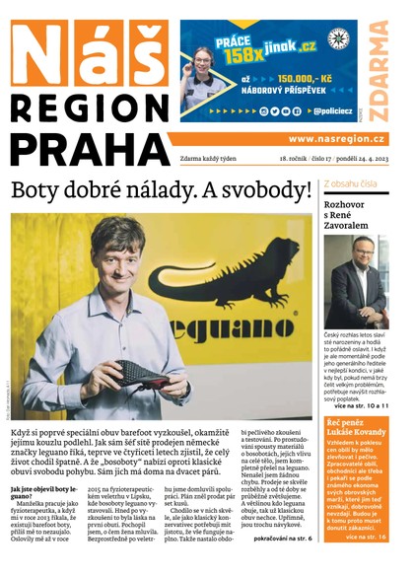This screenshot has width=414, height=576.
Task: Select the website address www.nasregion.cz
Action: [x=336, y=139]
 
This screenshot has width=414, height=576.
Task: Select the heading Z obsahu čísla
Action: [x=352, y=184]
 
